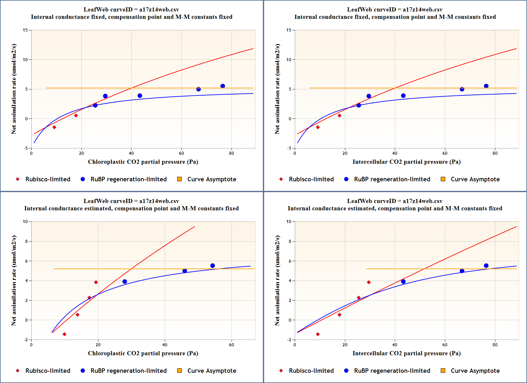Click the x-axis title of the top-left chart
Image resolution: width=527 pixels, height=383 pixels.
point(143,162)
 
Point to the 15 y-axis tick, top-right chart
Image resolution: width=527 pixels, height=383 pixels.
point(289,30)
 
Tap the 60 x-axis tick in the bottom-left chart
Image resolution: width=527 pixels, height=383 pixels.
point(232,345)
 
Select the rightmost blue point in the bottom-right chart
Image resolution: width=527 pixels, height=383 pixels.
point(486,266)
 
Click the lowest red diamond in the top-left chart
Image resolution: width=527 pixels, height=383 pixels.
point(54,127)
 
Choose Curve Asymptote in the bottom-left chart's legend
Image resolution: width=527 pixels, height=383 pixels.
point(211,371)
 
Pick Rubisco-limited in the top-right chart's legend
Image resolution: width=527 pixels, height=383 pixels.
point(311,179)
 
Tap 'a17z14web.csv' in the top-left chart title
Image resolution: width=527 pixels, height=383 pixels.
point(159,10)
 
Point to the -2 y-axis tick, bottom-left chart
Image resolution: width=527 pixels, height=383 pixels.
point(26,340)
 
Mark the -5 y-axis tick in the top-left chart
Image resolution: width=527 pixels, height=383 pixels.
point(25,148)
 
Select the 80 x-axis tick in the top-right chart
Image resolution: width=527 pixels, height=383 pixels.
point(495,153)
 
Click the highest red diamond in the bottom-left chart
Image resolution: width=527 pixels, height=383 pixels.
point(96,282)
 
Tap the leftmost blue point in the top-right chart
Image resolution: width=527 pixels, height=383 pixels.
point(359,105)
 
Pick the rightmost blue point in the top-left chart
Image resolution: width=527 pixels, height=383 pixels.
point(223,86)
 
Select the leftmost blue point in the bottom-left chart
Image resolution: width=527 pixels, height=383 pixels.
point(125,282)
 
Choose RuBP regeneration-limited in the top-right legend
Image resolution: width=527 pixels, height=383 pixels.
point(392,179)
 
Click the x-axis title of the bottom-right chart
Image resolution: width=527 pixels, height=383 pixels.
point(406,353)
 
